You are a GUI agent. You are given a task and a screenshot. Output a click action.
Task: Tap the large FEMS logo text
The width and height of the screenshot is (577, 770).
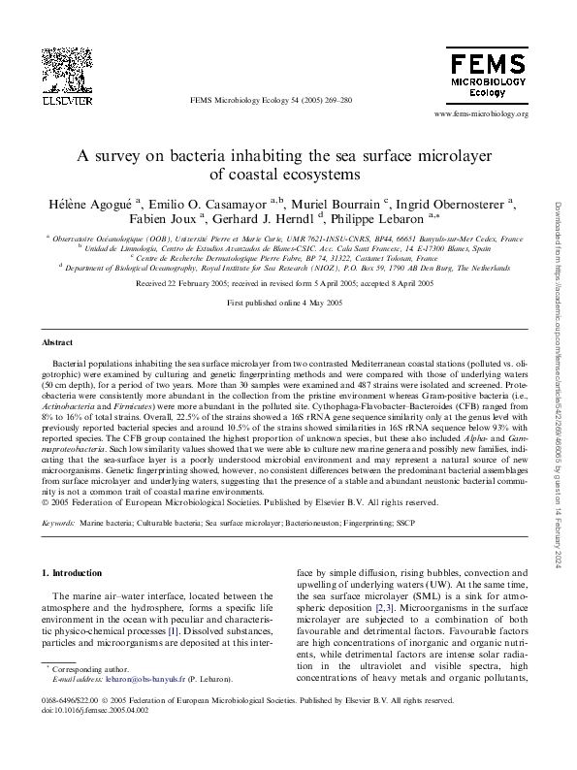click(x=486, y=66)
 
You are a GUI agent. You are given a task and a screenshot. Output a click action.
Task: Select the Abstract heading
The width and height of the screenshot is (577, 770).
click(x=56, y=343)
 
